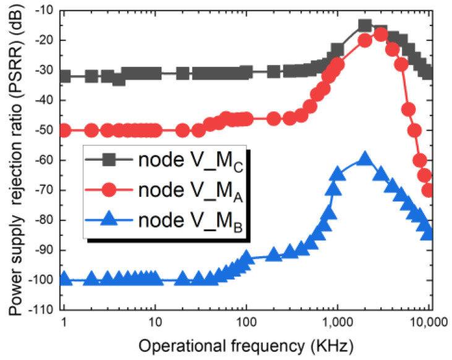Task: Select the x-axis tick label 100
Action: [x=246, y=323]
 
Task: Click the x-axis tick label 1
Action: [x=63, y=323]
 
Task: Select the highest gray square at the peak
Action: [x=365, y=26]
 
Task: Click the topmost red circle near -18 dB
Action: [x=381, y=34]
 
